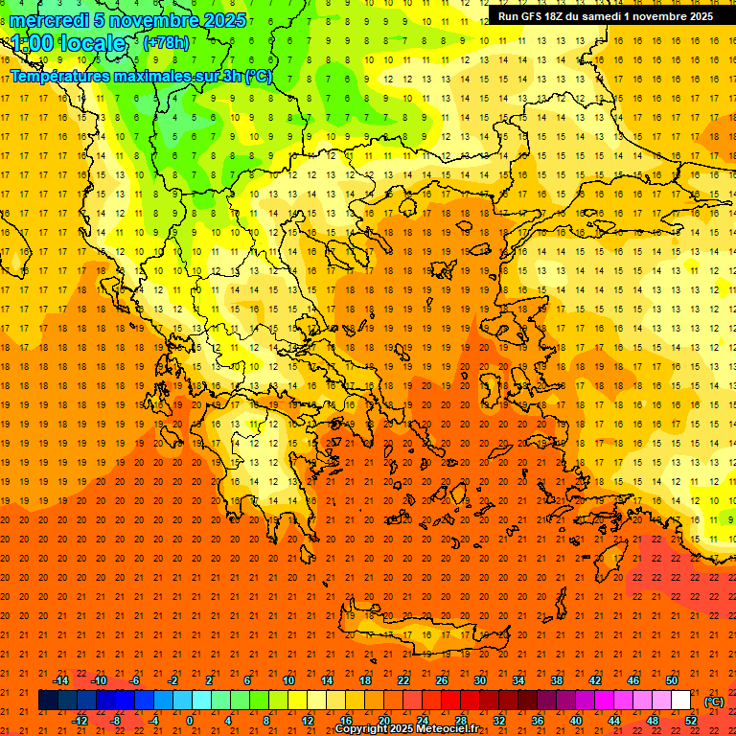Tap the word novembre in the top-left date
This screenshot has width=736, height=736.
click(149, 20)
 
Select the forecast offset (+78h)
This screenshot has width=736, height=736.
click(166, 43)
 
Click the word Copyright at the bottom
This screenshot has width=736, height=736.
click(362, 729)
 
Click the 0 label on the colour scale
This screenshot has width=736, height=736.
click(190, 720)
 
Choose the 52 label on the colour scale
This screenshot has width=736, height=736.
click(691, 720)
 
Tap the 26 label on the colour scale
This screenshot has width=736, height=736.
click(442, 680)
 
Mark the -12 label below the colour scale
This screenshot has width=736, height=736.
click(80, 720)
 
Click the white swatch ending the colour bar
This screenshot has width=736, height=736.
click(681, 701)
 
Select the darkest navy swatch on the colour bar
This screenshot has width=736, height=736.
click(48, 701)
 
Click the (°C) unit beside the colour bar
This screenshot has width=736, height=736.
click(714, 701)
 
